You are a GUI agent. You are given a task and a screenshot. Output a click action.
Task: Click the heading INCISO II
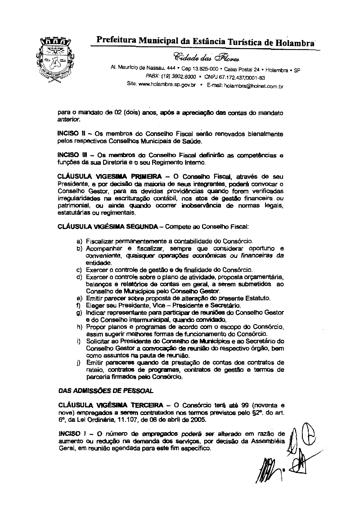click(72, 134)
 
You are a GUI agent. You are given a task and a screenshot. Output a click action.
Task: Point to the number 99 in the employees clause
click(246, 405)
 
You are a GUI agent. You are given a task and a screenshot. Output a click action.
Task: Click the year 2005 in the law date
click(198, 420)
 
